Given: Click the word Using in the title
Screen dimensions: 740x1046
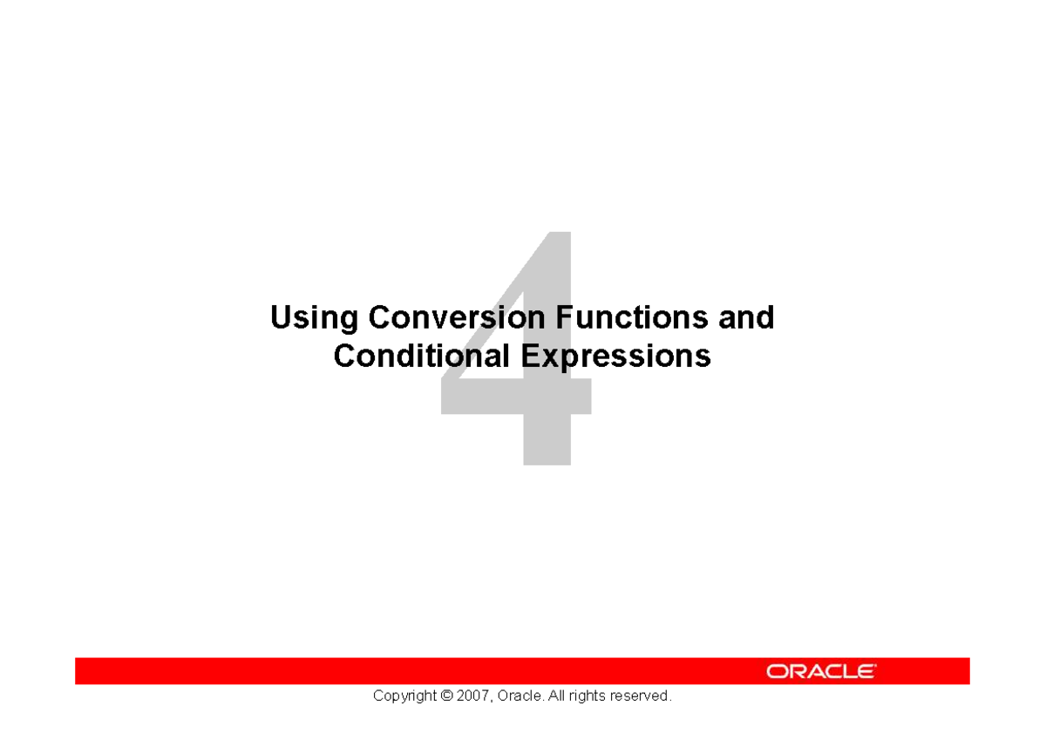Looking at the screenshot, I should point(314,318).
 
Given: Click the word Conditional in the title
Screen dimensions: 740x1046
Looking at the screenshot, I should point(422,356).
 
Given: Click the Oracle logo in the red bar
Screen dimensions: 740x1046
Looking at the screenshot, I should point(821,671).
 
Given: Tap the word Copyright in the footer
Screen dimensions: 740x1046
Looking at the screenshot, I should point(404,696).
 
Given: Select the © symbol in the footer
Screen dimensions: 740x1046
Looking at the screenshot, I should point(447,696).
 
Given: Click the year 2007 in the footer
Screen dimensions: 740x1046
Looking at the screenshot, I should point(475,696).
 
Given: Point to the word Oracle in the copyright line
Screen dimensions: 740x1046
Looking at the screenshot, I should point(521,696).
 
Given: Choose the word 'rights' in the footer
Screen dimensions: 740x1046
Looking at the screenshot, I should point(590,696).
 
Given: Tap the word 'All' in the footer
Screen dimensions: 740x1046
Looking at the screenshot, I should point(558,696).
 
